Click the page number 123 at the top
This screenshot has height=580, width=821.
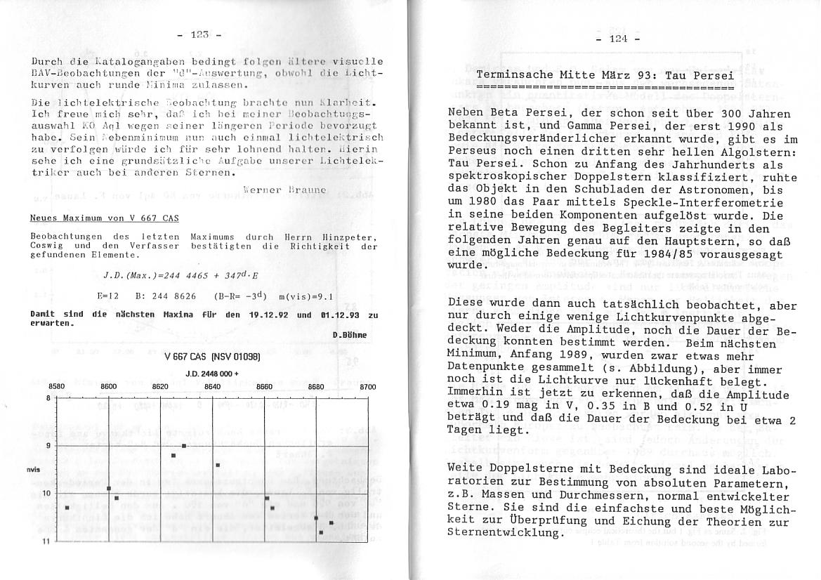[200, 34]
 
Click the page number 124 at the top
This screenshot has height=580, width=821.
[617, 39]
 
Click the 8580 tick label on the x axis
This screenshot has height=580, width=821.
[57, 387]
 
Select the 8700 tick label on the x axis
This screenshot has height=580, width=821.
[367, 387]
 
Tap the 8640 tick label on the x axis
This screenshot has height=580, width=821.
[212, 387]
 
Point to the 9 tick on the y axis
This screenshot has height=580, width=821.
[48, 446]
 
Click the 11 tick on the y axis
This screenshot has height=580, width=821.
[47, 541]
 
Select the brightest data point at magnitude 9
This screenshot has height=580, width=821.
[184, 445]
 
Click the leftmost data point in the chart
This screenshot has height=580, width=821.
[67, 507]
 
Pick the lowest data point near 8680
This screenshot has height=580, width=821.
[321, 532]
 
